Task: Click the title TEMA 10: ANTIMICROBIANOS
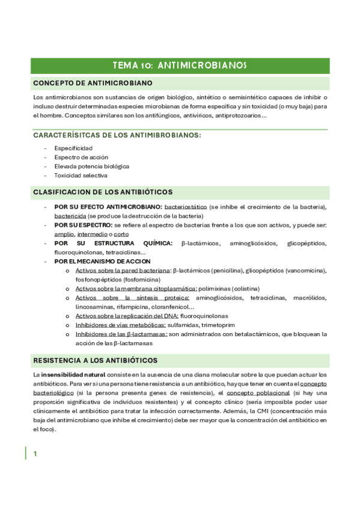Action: tap(180, 66)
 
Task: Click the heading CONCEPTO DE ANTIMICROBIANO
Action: tap(93, 82)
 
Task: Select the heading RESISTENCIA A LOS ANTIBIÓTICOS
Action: tap(96, 360)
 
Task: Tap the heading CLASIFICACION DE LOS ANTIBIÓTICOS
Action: tap(103, 192)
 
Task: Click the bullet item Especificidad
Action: tap(73, 148)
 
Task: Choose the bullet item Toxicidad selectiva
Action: tap(81, 176)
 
